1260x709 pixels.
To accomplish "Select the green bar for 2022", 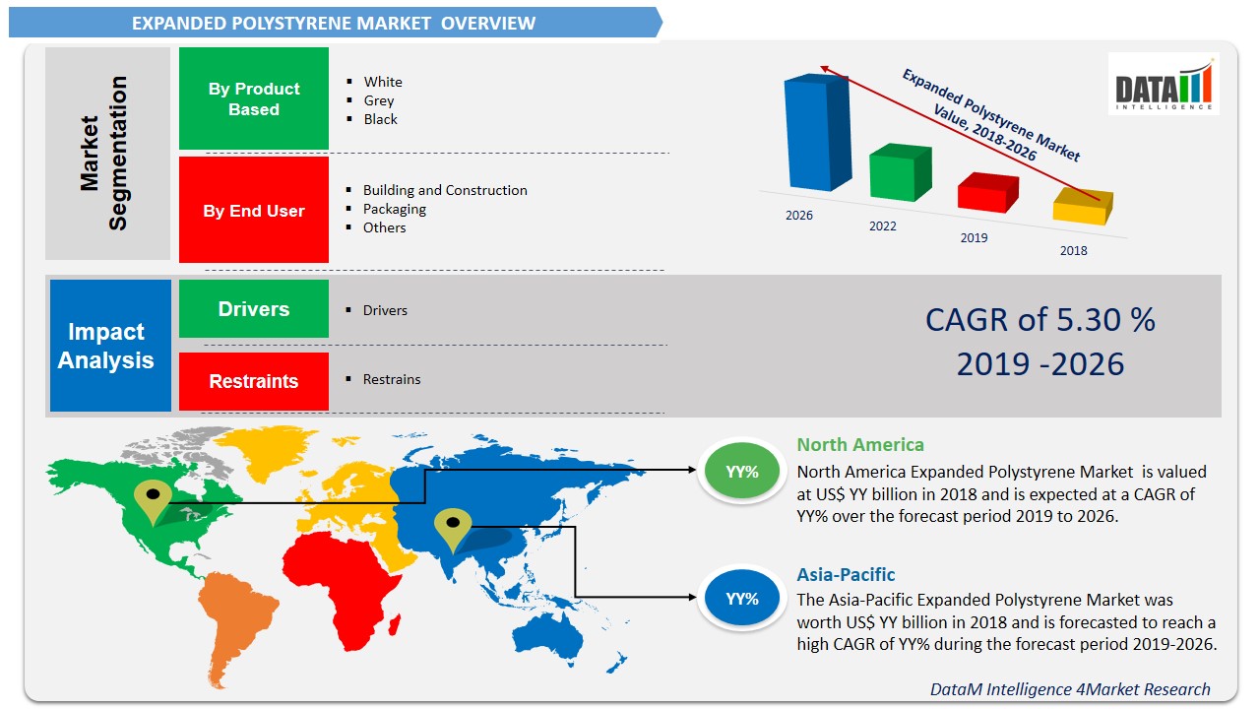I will [x=899, y=173].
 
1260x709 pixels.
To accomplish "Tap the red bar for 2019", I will [x=987, y=192].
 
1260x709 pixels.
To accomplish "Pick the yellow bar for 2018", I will [x=1082, y=207].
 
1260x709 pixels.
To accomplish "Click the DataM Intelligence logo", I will [x=1163, y=84].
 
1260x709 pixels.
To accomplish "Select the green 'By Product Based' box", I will [x=254, y=98].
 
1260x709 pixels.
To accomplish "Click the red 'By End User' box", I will [x=254, y=210].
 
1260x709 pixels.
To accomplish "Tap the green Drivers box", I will [x=254, y=309].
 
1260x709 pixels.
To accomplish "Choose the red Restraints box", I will [x=254, y=381].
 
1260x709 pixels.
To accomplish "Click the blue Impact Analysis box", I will [x=110, y=346].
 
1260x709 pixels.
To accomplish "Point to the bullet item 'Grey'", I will [x=379, y=100].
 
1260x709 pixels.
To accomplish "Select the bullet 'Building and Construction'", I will [x=445, y=190].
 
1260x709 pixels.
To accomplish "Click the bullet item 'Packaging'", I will [x=395, y=209].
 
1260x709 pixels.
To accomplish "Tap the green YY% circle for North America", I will [x=742, y=472].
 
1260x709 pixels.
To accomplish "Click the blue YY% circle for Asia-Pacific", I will [x=742, y=598].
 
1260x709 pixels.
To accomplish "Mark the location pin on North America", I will [x=152, y=501].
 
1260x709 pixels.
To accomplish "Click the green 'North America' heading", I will [x=860, y=445].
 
